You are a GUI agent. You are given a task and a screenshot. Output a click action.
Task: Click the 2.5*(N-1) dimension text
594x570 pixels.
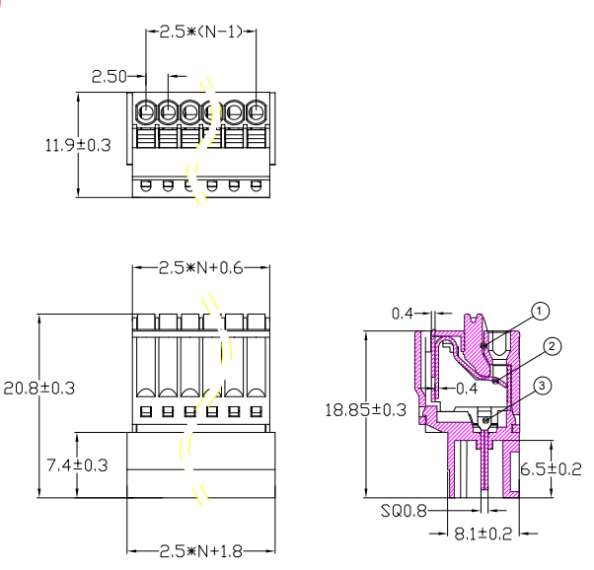point(200,32)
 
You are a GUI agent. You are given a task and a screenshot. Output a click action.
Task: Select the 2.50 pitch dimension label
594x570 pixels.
point(110,77)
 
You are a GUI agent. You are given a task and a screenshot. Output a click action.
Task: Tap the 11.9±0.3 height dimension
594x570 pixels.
point(78,145)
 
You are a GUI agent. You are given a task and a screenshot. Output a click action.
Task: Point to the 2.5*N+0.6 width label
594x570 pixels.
point(200,268)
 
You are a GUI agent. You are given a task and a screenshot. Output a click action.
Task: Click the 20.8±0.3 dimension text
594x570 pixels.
point(39,389)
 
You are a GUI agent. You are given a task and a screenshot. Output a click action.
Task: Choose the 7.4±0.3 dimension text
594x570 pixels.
point(77,465)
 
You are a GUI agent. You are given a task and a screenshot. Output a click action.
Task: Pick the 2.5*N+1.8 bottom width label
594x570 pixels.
point(200,551)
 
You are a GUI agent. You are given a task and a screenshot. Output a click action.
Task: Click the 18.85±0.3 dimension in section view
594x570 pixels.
point(365,410)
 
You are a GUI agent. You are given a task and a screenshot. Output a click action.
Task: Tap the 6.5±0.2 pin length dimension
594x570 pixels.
point(551,469)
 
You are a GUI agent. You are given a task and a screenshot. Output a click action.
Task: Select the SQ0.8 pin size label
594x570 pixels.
point(404,511)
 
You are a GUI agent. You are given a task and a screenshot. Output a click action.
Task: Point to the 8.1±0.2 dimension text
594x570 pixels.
point(483,534)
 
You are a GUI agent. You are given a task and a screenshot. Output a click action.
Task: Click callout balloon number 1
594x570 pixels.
point(540,312)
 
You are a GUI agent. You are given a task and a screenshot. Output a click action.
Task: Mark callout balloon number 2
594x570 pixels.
point(552,346)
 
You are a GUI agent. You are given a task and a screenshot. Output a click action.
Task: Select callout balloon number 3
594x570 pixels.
point(542,386)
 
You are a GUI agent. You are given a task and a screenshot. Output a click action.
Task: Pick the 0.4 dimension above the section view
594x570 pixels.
point(402,314)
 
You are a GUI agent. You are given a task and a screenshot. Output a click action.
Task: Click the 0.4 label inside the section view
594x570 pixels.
point(467,389)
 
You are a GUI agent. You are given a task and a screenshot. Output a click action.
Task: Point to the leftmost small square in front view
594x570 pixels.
point(146,411)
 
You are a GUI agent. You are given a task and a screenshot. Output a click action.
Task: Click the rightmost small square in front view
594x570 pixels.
point(257,411)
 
